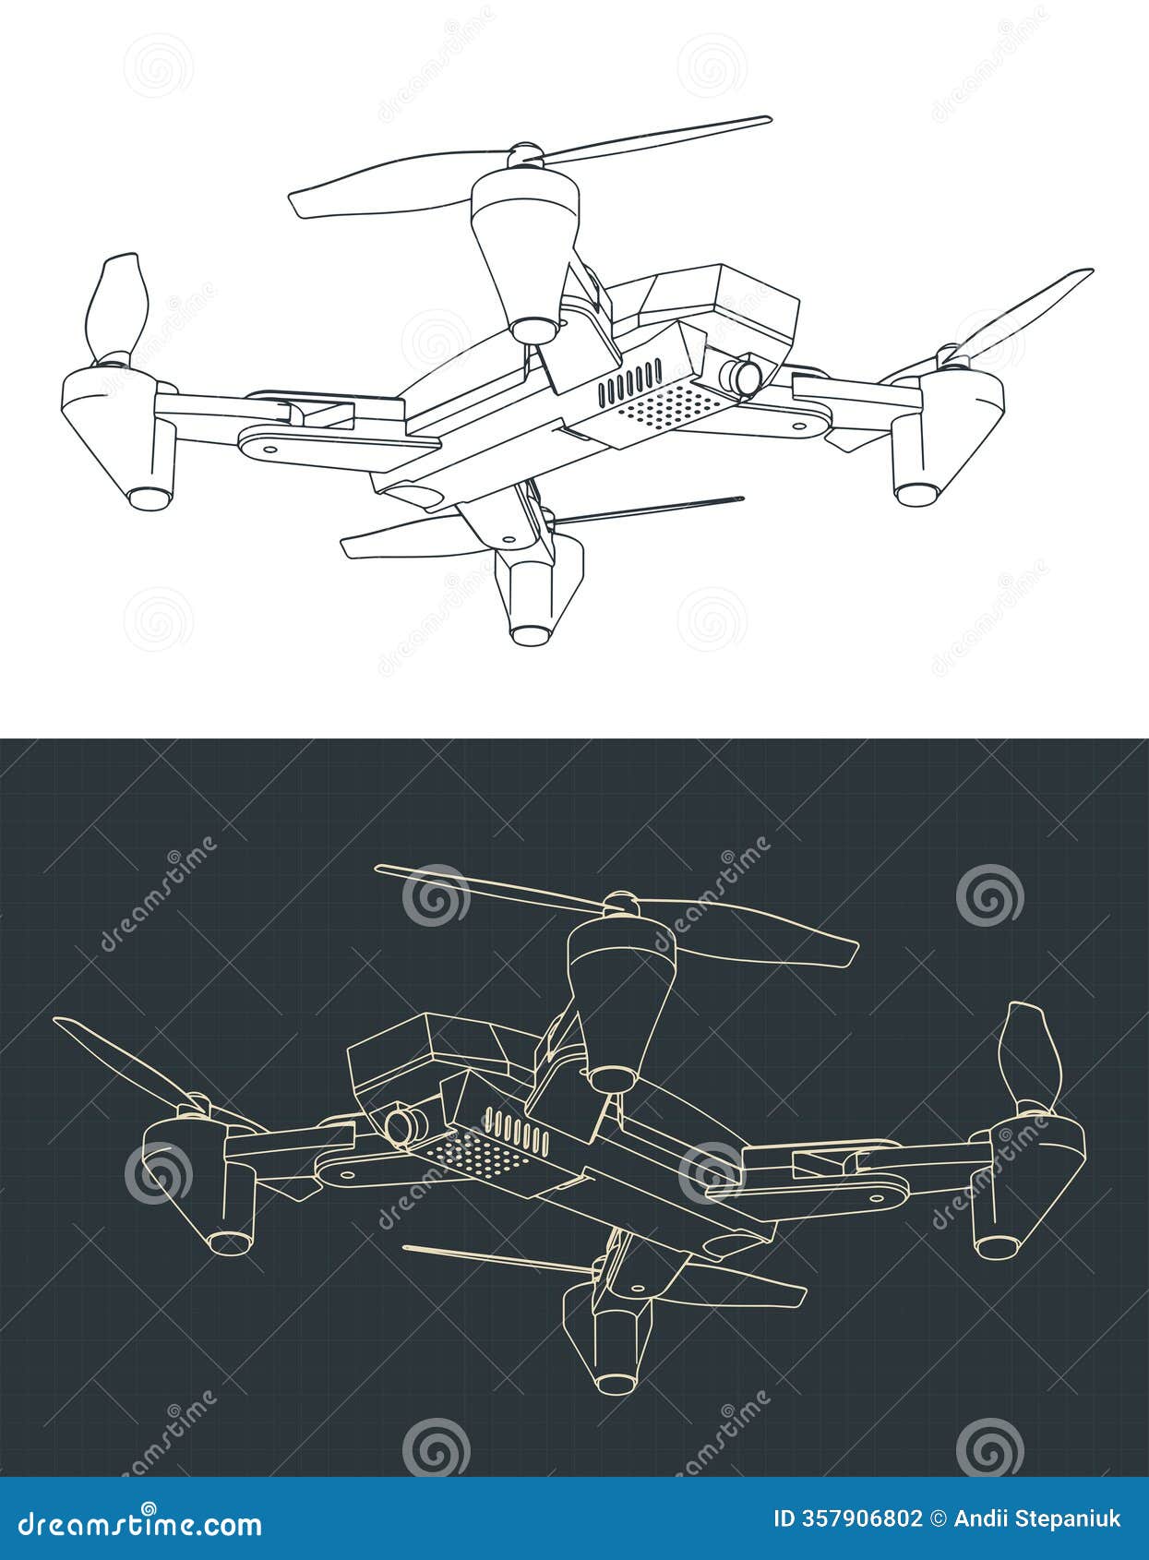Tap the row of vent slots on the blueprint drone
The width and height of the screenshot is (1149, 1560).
pos(517,1132)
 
